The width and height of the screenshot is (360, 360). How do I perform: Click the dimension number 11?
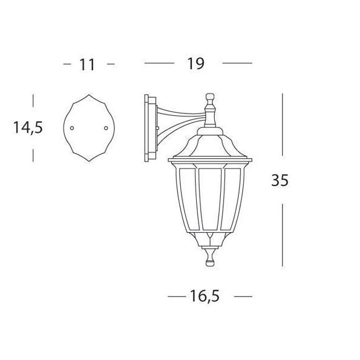tap(87, 65)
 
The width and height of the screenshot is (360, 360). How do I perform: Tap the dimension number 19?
tap(196, 64)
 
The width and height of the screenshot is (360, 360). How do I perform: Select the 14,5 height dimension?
tap(28, 127)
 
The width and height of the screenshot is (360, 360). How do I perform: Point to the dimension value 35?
tap(280, 180)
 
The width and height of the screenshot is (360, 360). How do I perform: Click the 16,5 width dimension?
tap(205, 296)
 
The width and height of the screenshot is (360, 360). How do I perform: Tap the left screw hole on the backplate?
tap(72, 128)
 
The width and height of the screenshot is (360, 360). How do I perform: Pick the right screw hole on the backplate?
tap(106, 128)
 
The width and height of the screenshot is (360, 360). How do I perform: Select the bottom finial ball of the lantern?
tap(210, 263)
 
